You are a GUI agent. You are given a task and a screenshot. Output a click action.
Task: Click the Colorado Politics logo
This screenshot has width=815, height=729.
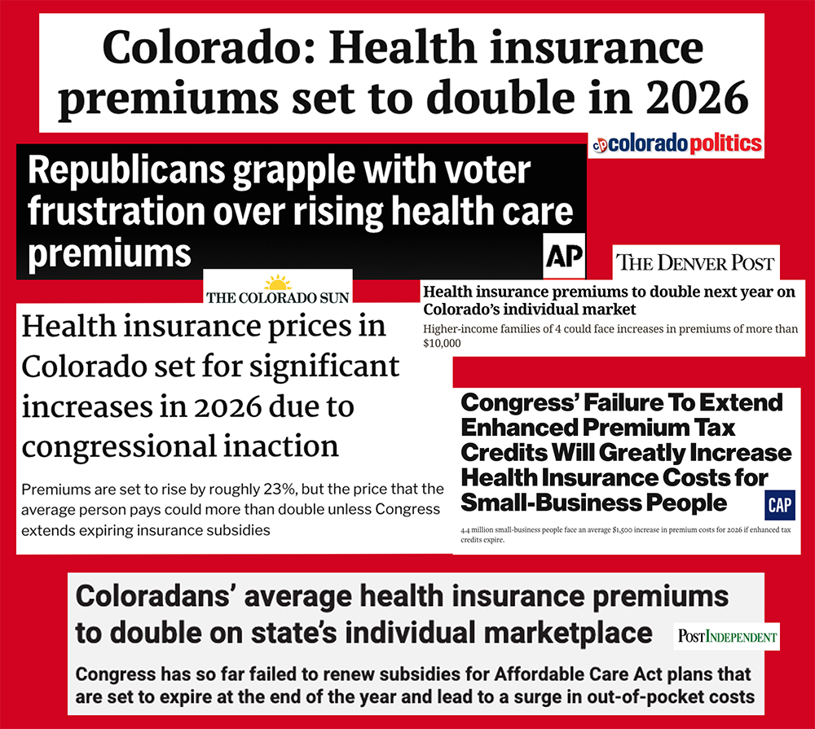coord(676,144)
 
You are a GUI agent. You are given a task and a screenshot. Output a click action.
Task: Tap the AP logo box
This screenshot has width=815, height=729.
coord(563,257)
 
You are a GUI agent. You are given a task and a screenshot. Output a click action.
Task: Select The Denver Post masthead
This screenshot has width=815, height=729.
coord(694,262)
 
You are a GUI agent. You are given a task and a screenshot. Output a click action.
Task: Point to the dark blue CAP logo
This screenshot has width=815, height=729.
coord(780,505)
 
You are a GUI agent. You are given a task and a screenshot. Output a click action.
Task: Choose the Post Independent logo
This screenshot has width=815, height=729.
coord(727,636)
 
